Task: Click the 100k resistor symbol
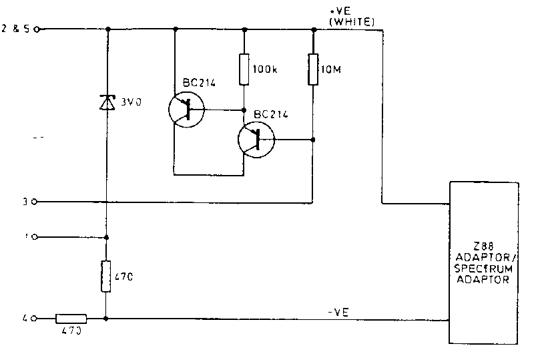[244, 68]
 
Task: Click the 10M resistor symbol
[312, 69]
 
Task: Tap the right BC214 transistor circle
[256, 140]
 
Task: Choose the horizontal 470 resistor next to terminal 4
[71, 319]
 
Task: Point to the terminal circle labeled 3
[35, 201]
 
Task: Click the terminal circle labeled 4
[35, 319]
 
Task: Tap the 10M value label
[328, 69]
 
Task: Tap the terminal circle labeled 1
[35, 236]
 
